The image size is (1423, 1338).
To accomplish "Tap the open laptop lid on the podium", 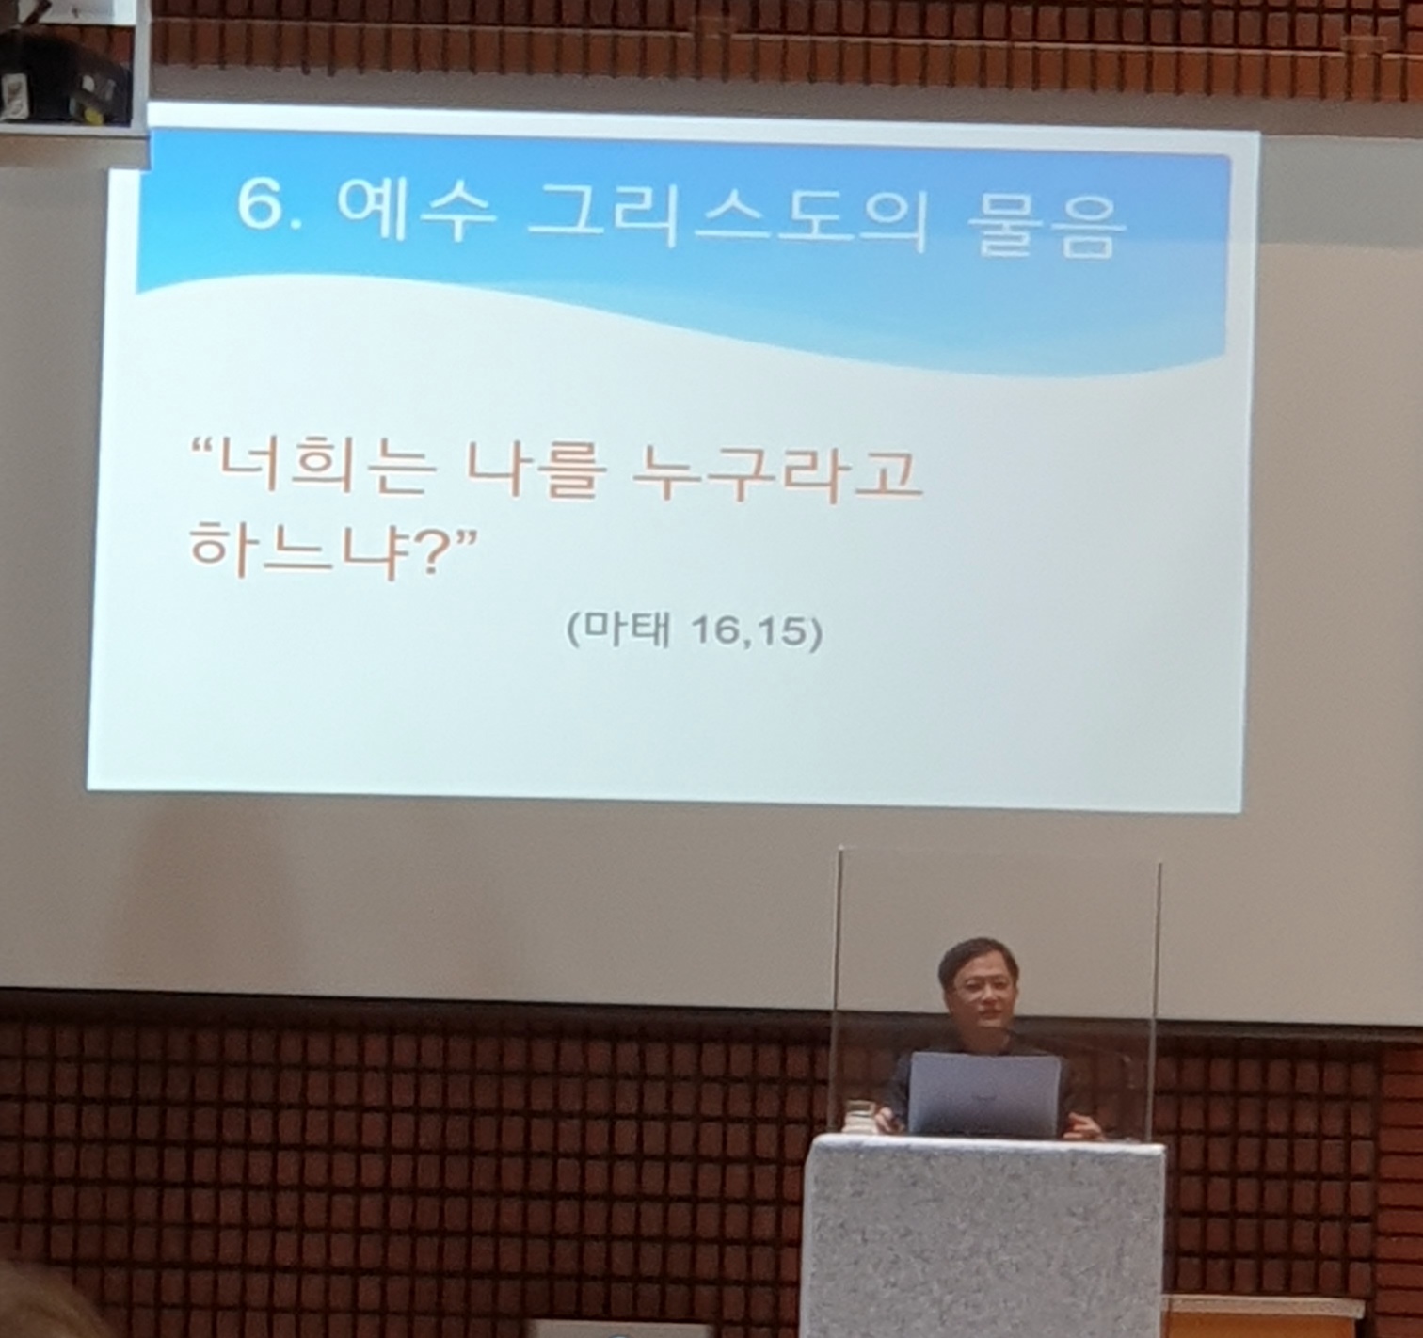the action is [983, 1094].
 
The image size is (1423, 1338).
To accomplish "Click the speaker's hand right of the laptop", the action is [1083, 1129].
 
